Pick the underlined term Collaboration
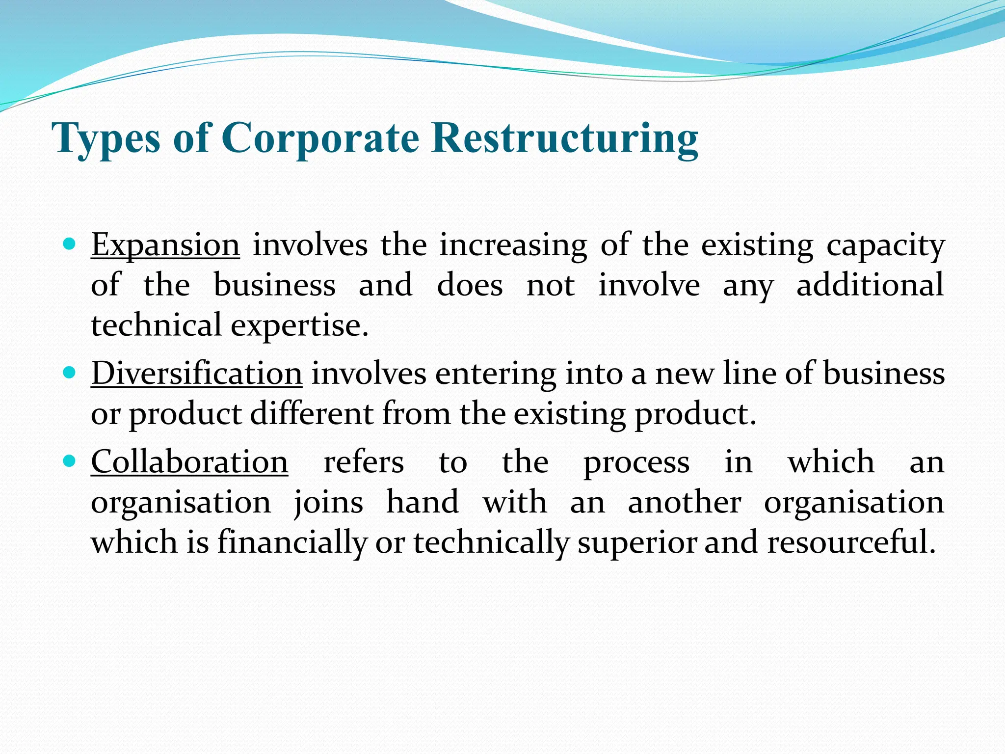click(189, 462)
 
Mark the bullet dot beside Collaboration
click(70, 461)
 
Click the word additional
click(870, 285)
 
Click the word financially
click(292, 543)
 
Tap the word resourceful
click(848, 543)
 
